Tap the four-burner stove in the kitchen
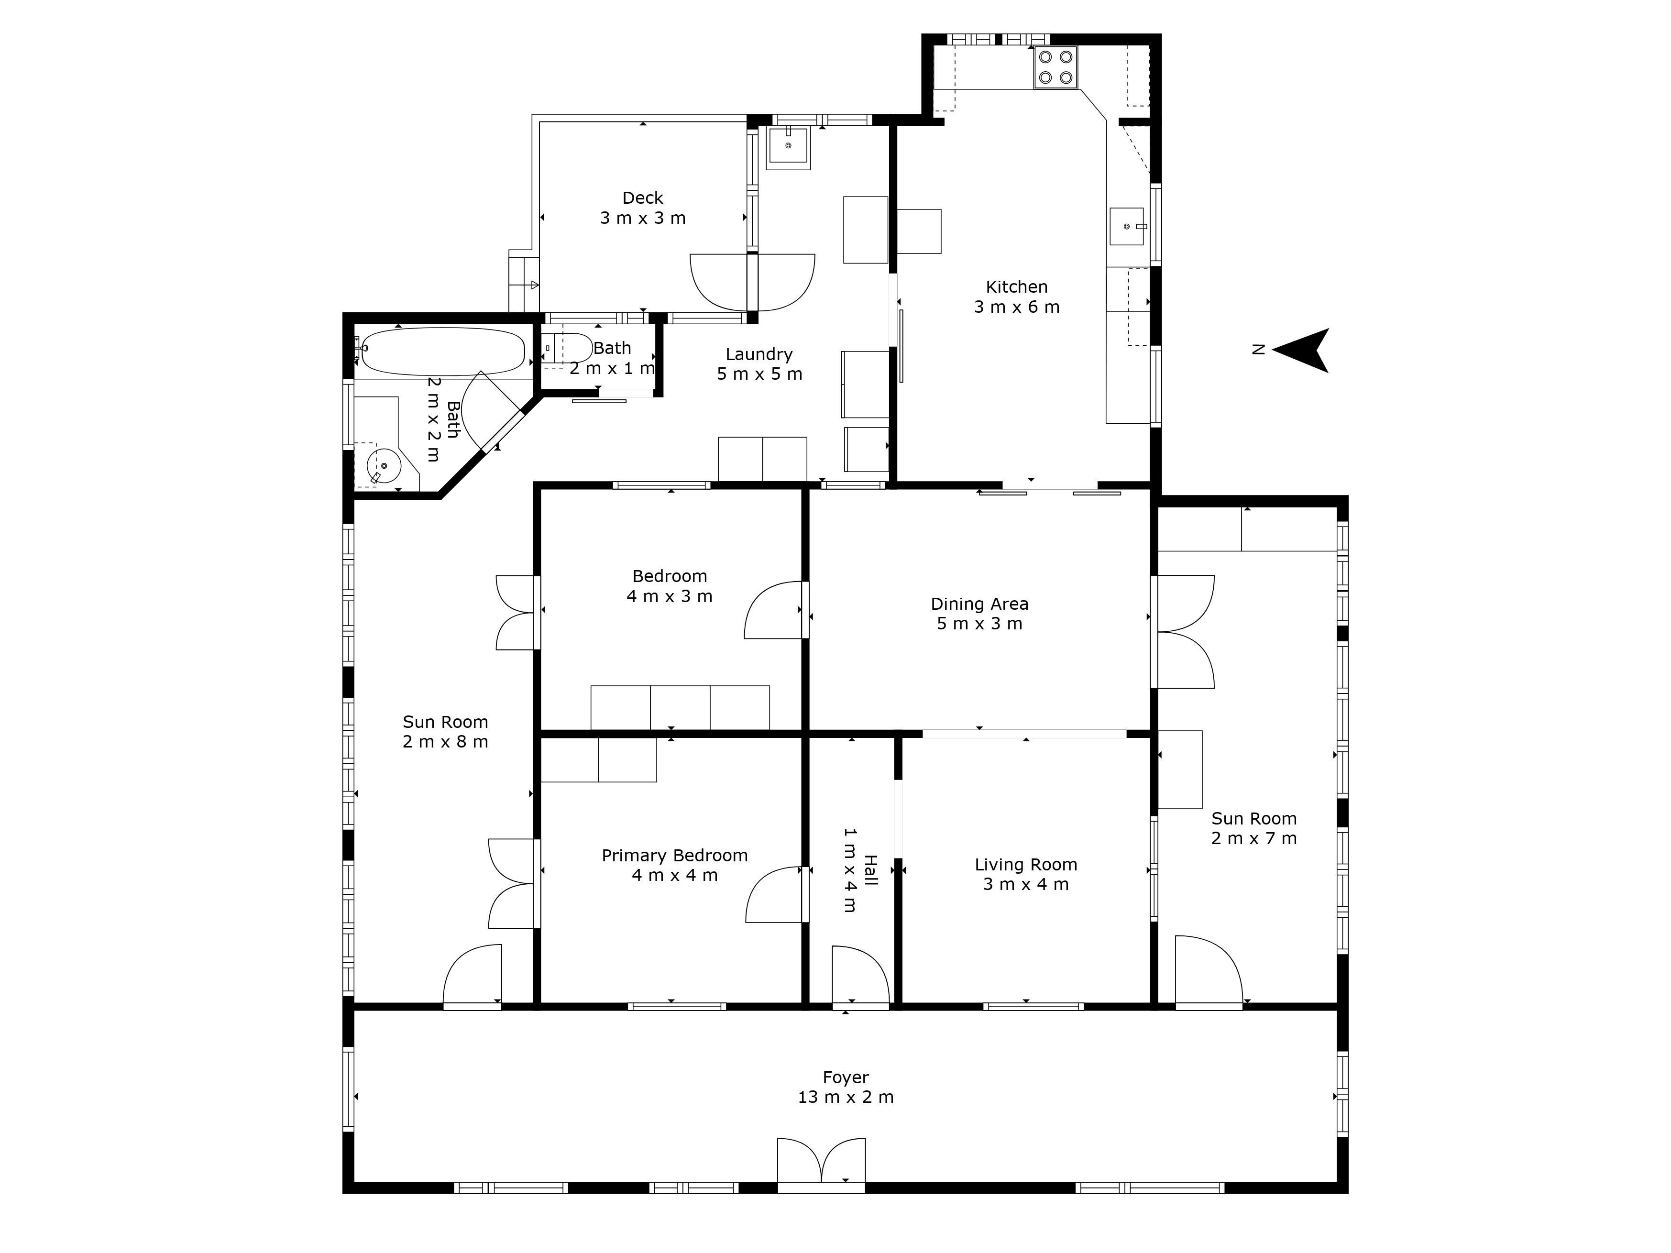click(x=1056, y=68)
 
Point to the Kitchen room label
click(x=1017, y=287)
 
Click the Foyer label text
click(x=846, y=1077)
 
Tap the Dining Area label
click(x=980, y=604)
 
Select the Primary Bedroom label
click(x=675, y=856)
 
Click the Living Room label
click(x=1026, y=865)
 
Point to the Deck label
click(x=643, y=198)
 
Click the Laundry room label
click(x=759, y=354)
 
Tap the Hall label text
click(x=870, y=870)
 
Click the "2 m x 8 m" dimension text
click(x=445, y=742)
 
